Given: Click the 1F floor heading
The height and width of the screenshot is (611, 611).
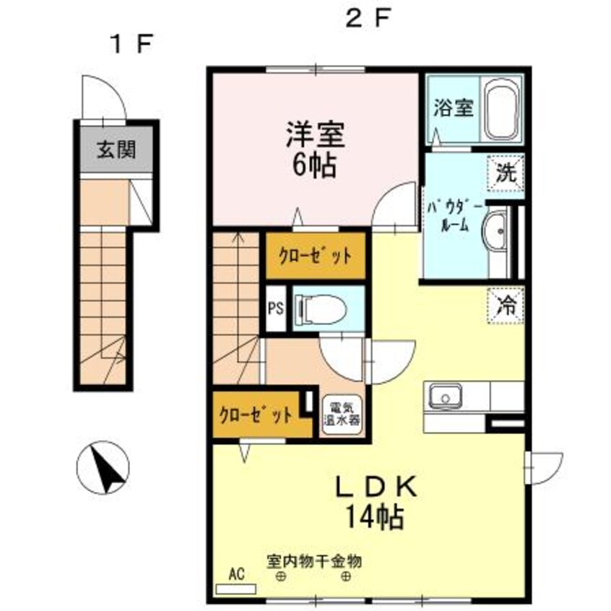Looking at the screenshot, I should click(130, 43).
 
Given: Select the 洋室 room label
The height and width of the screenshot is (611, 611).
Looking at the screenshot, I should click(314, 135).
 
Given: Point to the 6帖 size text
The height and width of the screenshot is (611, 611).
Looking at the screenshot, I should click(314, 166).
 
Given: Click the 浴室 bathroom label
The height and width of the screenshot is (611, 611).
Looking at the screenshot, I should click(453, 108).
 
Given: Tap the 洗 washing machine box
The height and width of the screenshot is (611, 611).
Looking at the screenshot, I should click(508, 173).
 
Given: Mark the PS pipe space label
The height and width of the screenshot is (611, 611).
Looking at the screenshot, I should click(276, 309).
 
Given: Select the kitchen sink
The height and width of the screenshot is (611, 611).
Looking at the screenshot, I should click(446, 396).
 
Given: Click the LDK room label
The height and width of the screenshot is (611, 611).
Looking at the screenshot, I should click(375, 487).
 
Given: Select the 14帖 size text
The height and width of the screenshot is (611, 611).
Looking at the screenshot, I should click(375, 517).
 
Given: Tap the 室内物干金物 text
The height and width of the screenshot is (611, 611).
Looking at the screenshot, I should click(313, 560).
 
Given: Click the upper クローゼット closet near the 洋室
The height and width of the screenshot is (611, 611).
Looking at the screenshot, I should click(316, 255).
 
